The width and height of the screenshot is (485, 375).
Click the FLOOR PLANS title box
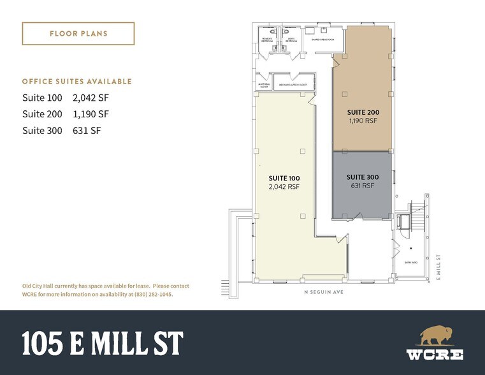point(78,33)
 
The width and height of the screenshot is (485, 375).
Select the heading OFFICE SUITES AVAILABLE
point(77,82)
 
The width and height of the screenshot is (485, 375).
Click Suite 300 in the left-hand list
point(42,131)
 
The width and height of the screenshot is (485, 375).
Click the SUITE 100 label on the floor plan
point(285,178)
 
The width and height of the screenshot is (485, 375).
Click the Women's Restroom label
point(268,40)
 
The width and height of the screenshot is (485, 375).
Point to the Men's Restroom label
point(291,40)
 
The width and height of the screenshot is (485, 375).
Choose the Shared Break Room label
point(322,40)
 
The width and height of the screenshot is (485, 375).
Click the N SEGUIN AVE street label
point(323,293)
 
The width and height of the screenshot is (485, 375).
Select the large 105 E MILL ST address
point(102,344)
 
